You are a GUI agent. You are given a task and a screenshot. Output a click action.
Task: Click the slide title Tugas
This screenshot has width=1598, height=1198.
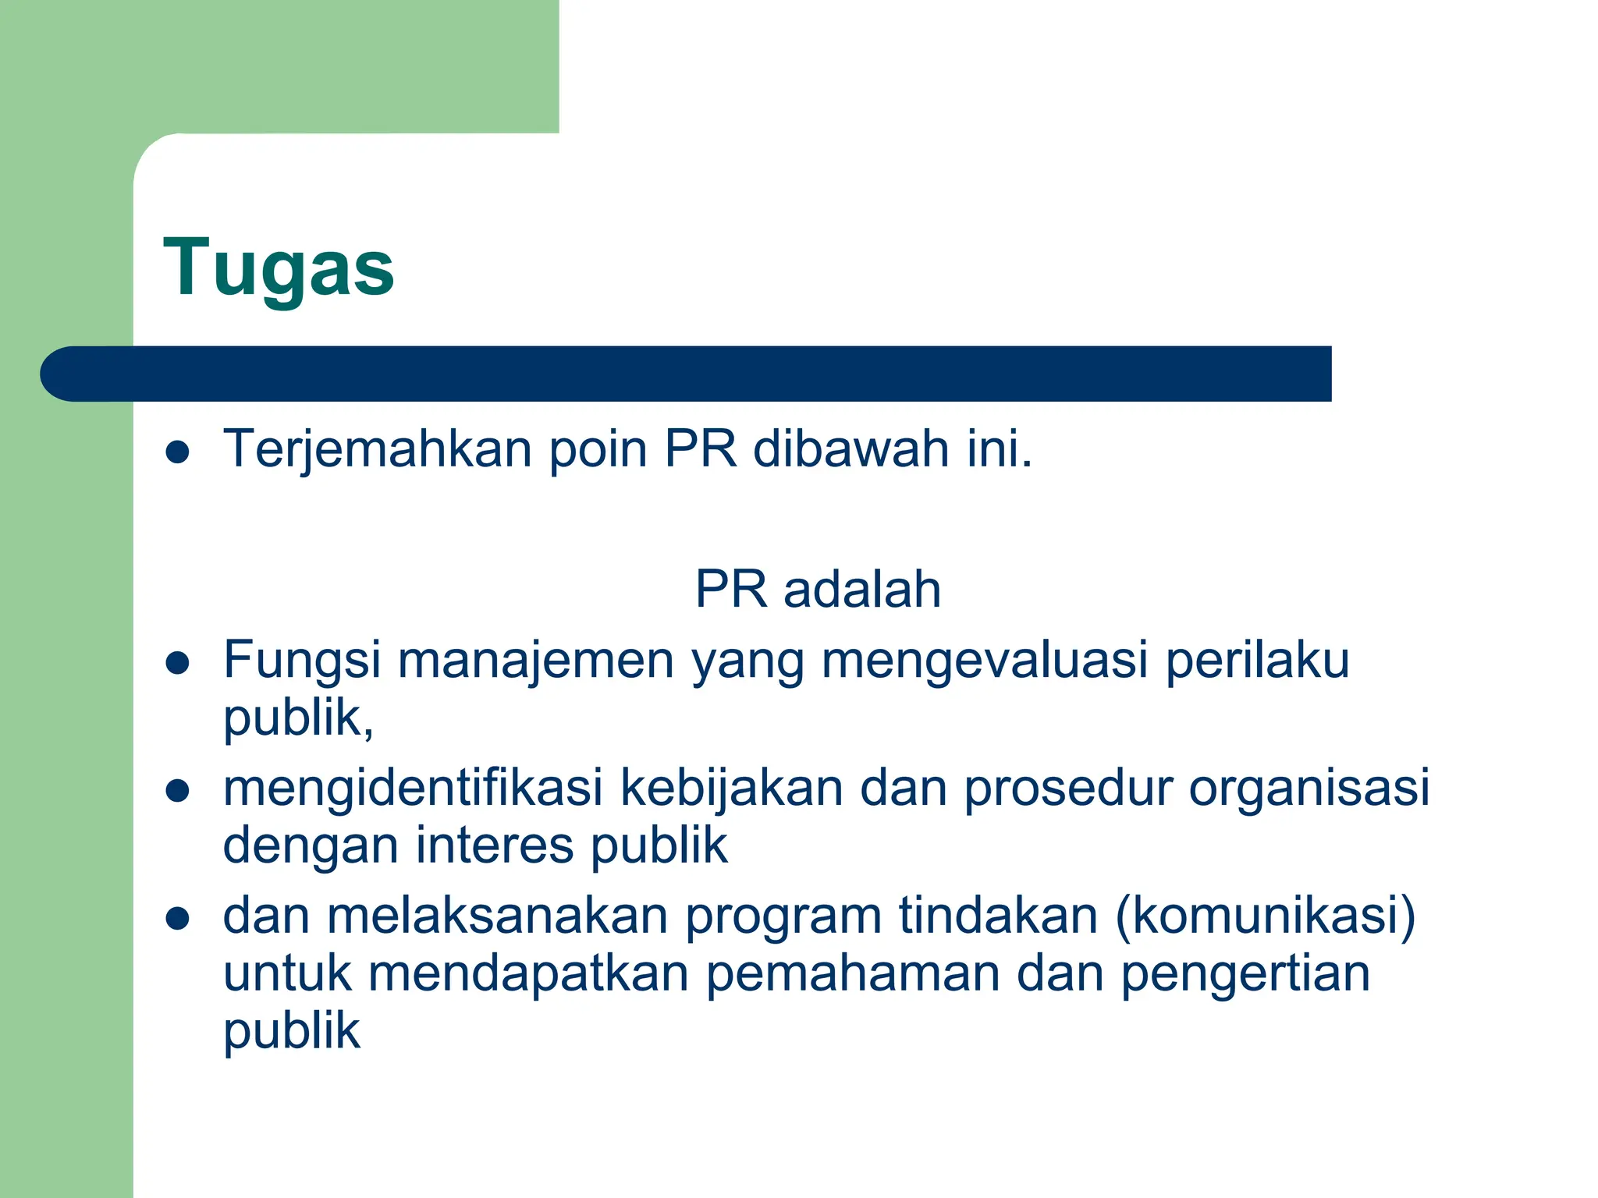click(279, 268)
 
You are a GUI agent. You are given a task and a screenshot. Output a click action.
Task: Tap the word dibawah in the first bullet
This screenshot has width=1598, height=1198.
click(850, 450)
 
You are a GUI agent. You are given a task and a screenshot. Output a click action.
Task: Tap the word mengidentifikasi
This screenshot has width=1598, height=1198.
click(413, 788)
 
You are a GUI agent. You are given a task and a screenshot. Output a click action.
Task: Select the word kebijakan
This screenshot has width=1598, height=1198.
click(731, 788)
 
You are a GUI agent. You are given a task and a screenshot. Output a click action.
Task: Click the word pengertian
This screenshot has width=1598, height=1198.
click(1245, 975)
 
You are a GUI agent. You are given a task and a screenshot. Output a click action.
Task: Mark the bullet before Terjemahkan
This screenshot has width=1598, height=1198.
click(178, 452)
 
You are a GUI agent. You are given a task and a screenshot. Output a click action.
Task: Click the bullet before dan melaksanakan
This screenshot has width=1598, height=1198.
click(178, 919)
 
